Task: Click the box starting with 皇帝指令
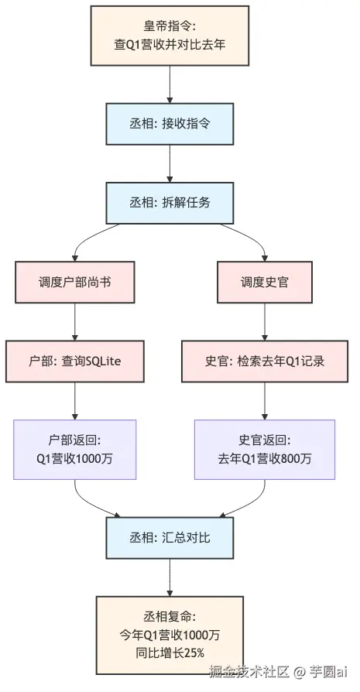[170, 36]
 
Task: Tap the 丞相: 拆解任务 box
[170, 202]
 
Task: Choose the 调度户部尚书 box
[74, 283]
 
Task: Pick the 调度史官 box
[265, 283]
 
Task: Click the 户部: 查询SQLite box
[74, 362]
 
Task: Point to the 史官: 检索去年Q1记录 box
[265, 362]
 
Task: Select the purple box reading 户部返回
[74, 449]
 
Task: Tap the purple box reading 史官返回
[265, 449]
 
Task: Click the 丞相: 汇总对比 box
[170, 537]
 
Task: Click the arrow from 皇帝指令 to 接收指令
[170, 85]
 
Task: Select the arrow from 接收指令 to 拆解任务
[170, 163]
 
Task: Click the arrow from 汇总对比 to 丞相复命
[170, 577]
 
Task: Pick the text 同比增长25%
[170, 654]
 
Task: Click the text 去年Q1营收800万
[265, 458]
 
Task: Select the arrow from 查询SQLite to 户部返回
[74, 401]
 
